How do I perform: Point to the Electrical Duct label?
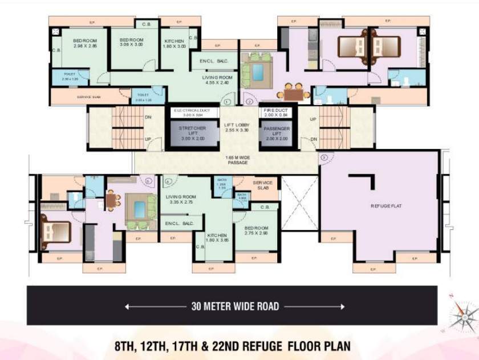[192, 111]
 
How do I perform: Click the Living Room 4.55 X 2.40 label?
[217, 80]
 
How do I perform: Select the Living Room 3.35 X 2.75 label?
[180, 199]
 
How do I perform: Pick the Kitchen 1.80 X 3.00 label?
[174, 44]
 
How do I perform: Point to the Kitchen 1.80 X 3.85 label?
[218, 238]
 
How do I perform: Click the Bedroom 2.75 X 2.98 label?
[256, 230]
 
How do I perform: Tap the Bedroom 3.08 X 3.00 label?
[132, 42]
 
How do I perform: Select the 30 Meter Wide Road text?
[234, 306]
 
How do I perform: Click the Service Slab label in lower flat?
[262, 186]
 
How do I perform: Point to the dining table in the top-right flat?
[293, 92]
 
